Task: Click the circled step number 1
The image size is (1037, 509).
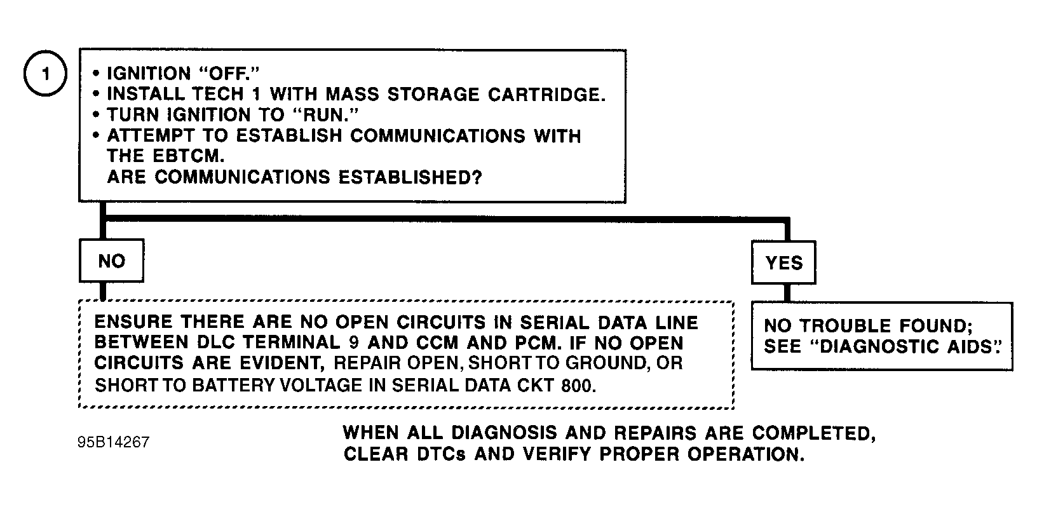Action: pos(45,73)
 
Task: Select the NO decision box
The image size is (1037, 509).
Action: pos(112,261)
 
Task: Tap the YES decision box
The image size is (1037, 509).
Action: pos(783,262)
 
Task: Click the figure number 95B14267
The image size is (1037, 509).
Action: pos(113,442)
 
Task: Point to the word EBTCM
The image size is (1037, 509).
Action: pos(189,156)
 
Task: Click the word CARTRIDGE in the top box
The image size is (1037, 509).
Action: pos(546,95)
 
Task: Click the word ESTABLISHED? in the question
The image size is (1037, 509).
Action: pos(410,177)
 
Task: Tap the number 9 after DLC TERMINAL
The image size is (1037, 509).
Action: pos(354,343)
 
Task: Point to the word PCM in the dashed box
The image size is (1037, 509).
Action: pos(534,343)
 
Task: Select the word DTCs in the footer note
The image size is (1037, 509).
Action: pos(441,454)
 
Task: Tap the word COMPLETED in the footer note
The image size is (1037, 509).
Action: pos(813,433)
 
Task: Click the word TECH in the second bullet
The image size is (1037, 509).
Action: pos(217,94)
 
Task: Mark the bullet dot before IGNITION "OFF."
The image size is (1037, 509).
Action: pos(97,73)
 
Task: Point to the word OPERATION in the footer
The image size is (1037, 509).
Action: pos(746,454)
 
